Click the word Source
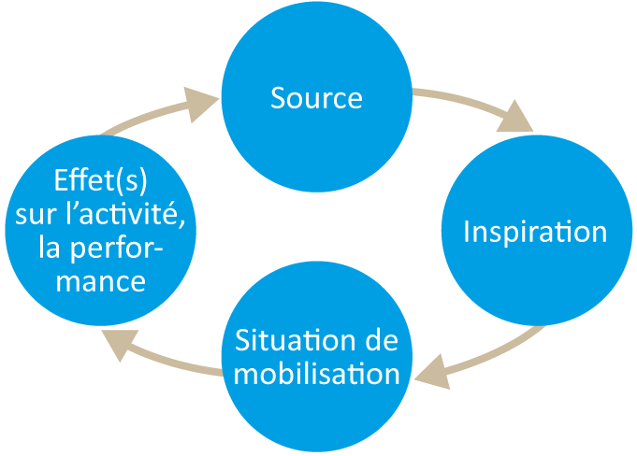[316, 97]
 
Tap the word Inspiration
[535, 232]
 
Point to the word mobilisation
[316, 374]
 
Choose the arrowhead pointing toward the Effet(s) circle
[116, 347]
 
